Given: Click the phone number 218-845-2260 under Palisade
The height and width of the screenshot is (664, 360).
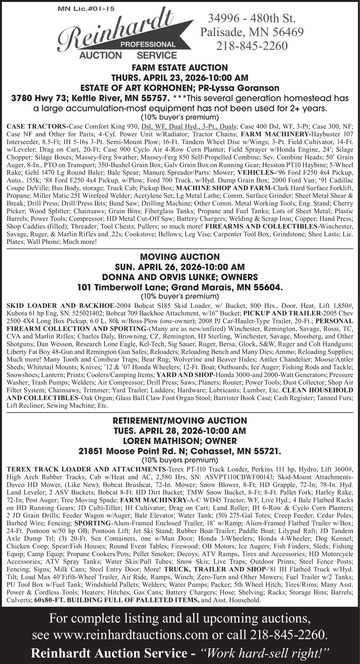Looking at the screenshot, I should click(x=252, y=46).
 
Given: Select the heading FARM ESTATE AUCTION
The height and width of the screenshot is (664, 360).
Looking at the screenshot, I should click(x=180, y=68).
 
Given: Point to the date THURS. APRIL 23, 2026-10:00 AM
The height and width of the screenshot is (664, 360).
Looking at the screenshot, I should click(x=180, y=78).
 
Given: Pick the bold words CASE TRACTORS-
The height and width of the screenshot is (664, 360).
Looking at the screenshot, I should click(x=37, y=126).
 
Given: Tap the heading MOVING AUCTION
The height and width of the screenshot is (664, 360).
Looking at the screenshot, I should click(x=180, y=257).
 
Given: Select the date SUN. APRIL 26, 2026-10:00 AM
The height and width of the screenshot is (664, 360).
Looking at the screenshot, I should click(x=180, y=267).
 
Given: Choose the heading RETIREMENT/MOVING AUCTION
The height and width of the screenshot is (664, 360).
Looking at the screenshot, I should click(x=180, y=421).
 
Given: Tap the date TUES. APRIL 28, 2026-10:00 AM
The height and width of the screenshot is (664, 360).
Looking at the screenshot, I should click(x=180, y=431).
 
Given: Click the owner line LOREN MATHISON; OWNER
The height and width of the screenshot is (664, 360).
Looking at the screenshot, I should click(x=180, y=441).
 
